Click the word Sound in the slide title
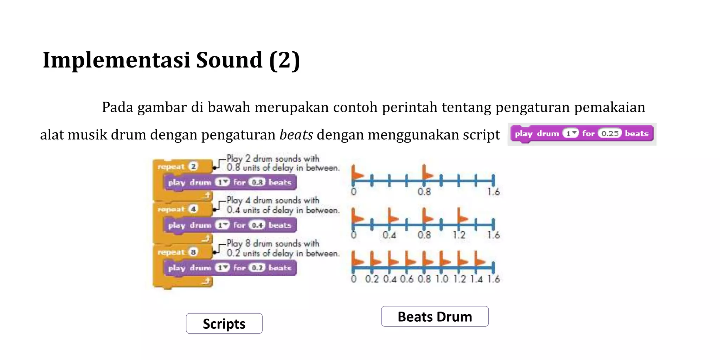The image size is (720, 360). [229, 60]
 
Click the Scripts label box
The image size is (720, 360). [224, 323]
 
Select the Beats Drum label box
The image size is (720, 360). [435, 316]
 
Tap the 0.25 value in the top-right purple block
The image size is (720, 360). [610, 134]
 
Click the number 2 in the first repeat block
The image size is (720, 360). [193, 166]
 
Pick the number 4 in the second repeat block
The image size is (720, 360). [193, 209]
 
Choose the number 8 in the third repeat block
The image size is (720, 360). [193, 252]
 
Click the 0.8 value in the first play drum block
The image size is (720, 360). [257, 182]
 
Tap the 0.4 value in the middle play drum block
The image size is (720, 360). [257, 225]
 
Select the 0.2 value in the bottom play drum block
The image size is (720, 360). [257, 268]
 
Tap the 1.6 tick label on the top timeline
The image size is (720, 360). [493, 192]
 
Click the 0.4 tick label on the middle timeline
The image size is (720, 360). [389, 235]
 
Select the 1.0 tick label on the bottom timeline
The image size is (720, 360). [442, 279]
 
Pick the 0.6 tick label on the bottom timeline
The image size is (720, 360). [407, 279]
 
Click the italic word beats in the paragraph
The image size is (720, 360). [296, 135]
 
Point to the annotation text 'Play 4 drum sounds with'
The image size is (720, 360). [273, 200]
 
